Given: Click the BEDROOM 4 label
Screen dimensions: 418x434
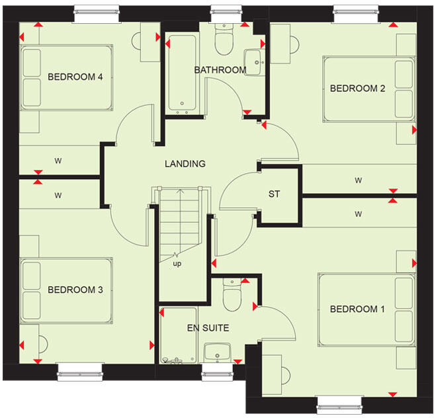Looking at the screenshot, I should coord(75,77).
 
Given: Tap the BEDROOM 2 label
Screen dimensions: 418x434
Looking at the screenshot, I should coord(357,89).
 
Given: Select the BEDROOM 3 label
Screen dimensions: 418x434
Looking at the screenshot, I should coord(75,290).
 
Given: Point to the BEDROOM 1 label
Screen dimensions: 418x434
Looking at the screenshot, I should coord(357,309).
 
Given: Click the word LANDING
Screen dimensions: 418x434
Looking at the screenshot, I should coord(185,164).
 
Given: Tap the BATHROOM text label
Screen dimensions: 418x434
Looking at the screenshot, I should coord(220,70).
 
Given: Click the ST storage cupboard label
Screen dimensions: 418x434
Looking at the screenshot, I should coord(274,194).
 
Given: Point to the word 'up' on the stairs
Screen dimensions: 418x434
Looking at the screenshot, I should coord(177,264).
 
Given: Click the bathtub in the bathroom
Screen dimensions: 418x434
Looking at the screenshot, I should coord(181,73).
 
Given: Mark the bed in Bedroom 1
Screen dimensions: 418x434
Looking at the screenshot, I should coord(367,309).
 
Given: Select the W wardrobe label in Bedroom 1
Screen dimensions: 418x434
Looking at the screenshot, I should coord(358,214).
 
